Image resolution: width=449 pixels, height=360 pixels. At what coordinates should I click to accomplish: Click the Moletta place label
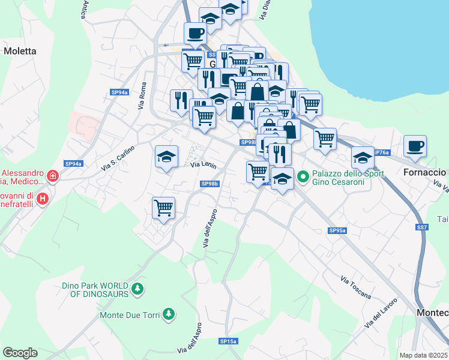[x=20, y=51]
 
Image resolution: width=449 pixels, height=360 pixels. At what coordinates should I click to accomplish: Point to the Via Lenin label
[x=203, y=164]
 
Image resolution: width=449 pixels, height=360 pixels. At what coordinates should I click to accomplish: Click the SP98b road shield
[x=209, y=184]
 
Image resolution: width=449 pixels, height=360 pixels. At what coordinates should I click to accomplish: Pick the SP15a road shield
[x=228, y=341]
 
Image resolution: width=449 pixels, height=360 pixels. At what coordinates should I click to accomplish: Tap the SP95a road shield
[x=337, y=230]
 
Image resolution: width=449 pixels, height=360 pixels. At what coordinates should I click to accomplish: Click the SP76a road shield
[x=381, y=152]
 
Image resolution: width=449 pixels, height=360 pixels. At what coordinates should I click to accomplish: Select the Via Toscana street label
[x=355, y=287]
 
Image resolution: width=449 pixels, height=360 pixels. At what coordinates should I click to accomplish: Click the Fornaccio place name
[x=424, y=172]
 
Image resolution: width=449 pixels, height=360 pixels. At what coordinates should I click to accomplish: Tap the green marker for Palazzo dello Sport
[x=303, y=176]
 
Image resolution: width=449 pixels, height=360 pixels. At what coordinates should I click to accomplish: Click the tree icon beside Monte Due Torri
[x=169, y=314]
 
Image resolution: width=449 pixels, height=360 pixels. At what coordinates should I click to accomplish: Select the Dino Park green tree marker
[x=138, y=289]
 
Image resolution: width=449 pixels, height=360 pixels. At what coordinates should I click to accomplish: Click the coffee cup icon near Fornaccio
[x=415, y=146]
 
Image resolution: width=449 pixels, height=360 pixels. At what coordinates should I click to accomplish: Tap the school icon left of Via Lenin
[x=166, y=157]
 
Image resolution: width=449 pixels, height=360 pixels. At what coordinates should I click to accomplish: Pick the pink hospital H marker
[x=42, y=198]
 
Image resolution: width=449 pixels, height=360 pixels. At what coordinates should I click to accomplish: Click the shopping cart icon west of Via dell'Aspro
[x=163, y=208]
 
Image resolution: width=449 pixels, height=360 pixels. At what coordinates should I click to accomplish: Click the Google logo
[x=20, y=353]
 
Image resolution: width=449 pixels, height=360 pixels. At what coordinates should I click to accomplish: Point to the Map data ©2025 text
[x=423, y=355]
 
